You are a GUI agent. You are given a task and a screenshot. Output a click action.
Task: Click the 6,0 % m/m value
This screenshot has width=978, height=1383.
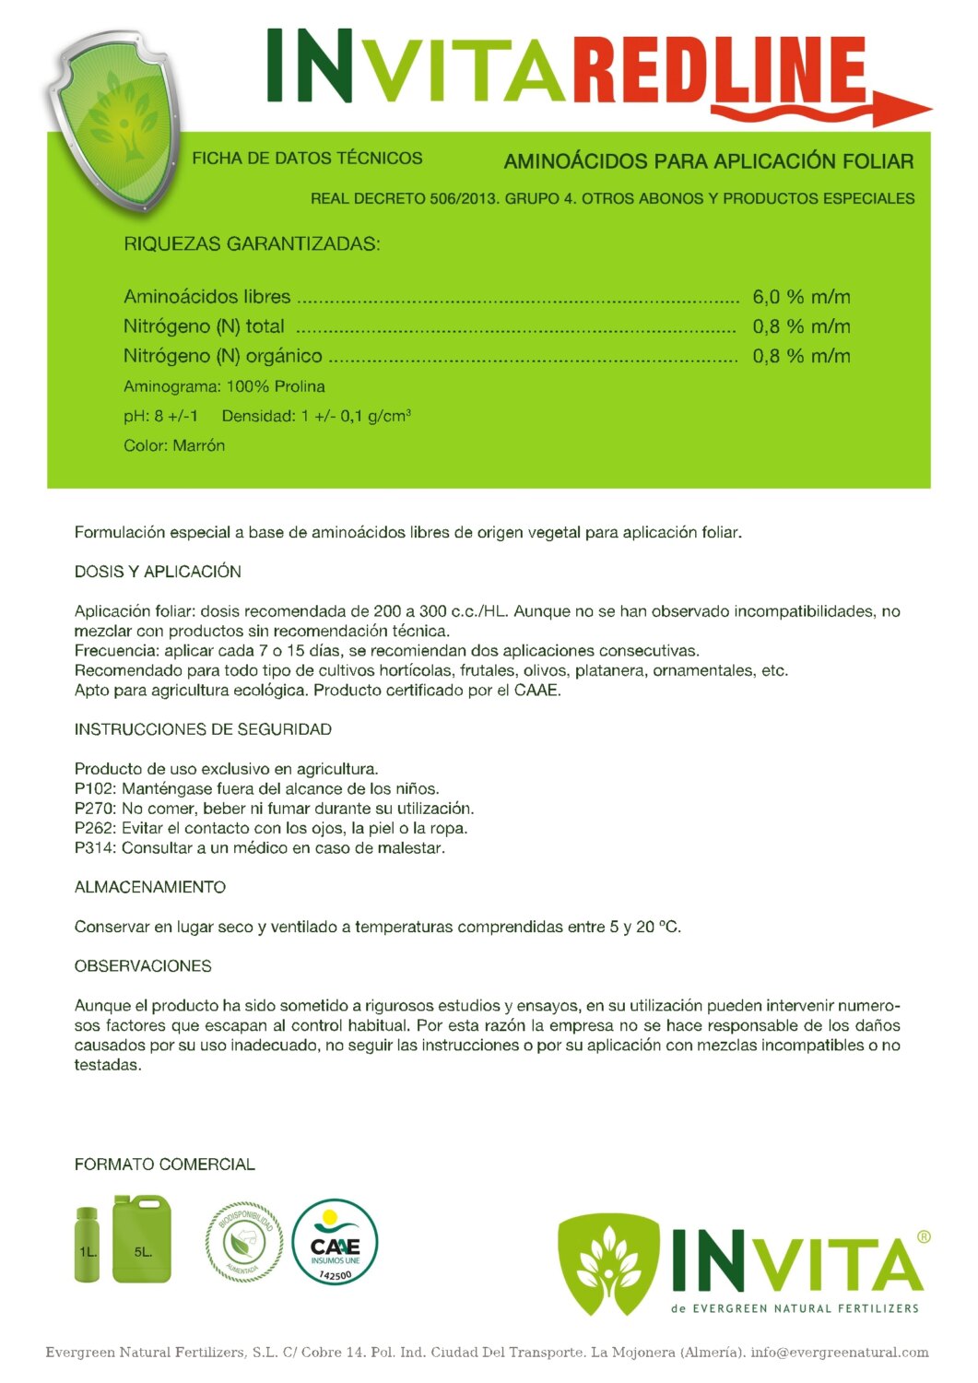click(801, 297)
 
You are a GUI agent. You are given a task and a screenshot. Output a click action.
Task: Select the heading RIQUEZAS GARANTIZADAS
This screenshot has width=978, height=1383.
click(252, 244)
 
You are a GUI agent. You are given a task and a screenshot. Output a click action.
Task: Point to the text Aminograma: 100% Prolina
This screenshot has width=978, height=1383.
click(224, 386)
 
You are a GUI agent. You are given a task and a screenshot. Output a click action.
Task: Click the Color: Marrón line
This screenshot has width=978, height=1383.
click(174, 445)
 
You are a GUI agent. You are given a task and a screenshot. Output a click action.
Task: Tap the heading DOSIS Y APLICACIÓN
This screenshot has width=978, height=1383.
click(158, 572)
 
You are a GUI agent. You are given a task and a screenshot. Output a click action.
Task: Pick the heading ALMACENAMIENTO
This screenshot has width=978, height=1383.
click(150, 887)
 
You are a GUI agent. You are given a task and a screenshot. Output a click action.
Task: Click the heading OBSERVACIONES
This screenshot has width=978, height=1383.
click(143, 966)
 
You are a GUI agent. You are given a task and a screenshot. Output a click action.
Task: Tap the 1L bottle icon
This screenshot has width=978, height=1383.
click(87, 1244)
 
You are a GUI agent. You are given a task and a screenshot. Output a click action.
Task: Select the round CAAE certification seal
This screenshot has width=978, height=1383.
click(335, 1242)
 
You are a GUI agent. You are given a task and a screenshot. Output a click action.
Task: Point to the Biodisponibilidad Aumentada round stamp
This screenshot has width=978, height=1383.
click(243, 1242)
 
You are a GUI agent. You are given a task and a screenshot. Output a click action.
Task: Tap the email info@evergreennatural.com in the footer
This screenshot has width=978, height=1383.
click(839, 1353)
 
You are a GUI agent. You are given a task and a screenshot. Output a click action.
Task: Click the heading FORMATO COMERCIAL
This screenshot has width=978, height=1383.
click(165, 1164)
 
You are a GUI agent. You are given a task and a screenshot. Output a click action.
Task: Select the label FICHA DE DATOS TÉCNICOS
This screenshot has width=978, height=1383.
click(307, 159)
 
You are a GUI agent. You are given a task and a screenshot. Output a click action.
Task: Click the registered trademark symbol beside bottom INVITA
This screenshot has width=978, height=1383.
click(924, 1237)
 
